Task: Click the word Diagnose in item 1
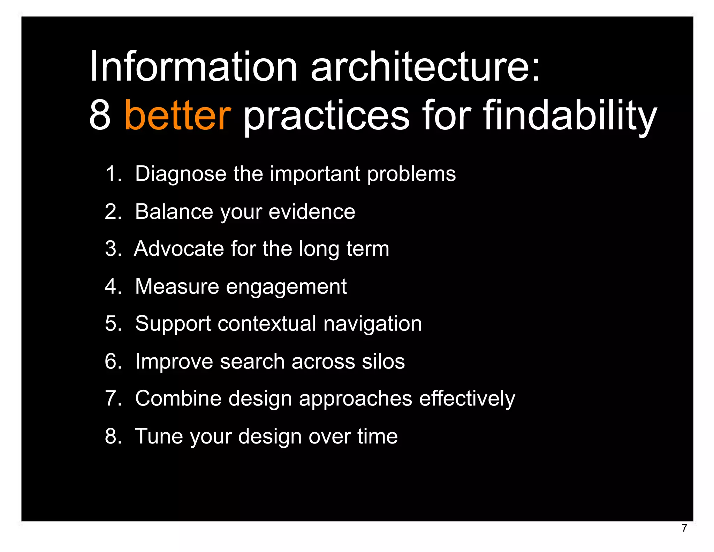click(180, 174)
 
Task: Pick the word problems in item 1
click(411, 174)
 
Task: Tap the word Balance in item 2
click(174, 211)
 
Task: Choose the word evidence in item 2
click(312, 211)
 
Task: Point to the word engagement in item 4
click(286, 287)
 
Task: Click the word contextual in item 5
click(267, 323)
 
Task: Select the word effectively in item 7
click(467, 398)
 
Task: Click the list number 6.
click(111, 361)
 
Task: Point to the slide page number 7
click(684, 528)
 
